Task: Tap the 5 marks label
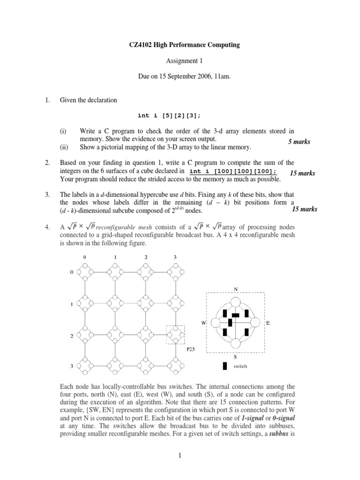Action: pyautogui.click(x=299, y=142)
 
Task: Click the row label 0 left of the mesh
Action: pyautogui.click(x=71, y=272)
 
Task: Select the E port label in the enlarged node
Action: pyautogui.click(x=268, y=323)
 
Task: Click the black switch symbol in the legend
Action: pyautogui.click(x=225, y=366)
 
